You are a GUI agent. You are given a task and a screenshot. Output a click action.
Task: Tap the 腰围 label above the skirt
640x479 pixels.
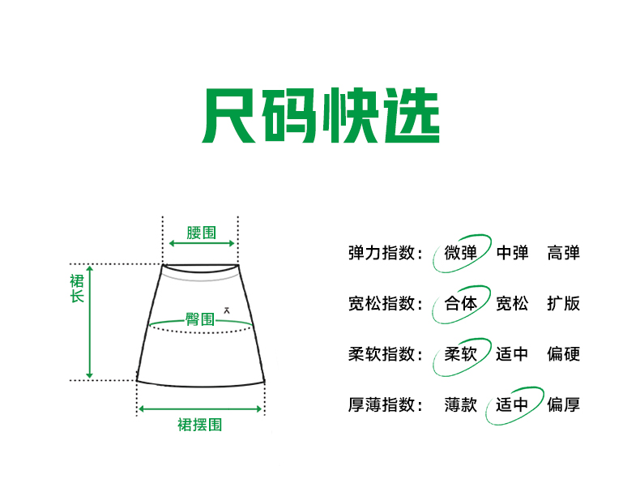201,233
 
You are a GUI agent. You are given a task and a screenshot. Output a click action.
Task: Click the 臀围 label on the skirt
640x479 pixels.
200,319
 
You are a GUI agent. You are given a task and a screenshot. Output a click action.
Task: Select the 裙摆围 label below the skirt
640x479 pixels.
200,424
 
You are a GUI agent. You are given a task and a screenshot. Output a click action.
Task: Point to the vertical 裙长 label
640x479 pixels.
77,289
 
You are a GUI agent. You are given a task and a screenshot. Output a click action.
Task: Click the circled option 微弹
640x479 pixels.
461,252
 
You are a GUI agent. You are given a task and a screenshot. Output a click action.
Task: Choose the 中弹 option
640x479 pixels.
512,252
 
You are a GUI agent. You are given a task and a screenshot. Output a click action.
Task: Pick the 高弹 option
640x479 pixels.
564,252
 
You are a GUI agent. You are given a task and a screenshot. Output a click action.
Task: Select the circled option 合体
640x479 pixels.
461,303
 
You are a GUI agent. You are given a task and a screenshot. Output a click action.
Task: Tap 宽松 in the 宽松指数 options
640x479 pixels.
512,303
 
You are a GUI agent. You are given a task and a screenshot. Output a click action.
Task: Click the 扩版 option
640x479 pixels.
564,303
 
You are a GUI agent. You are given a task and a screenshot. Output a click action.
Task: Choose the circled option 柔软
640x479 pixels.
461,354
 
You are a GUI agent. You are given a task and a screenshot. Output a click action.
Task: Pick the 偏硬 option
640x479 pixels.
564,354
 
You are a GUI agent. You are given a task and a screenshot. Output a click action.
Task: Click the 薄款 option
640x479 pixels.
461,404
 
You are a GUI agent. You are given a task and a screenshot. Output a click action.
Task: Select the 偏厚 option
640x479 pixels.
564,404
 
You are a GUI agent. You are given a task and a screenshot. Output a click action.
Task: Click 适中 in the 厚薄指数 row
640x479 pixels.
512,404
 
